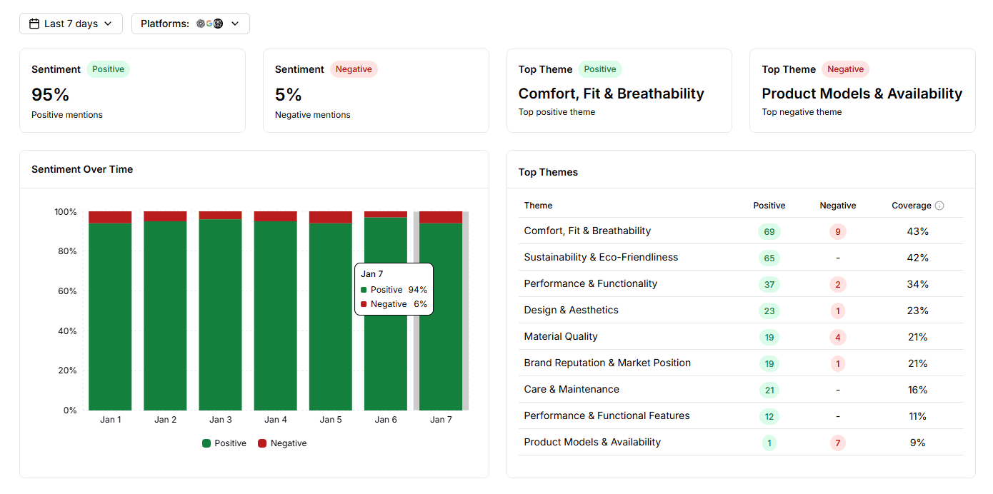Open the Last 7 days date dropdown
tap(71, 24)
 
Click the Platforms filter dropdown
tap(190, 24)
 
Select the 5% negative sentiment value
tap(289, 94)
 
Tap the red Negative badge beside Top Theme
tap(845, 69)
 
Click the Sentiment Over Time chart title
tap(82, 169)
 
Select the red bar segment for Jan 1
tap(110, 217)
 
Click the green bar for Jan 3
tap(220, 314)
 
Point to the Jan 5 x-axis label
tap(331, 420)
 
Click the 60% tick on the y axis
tap(66, 291)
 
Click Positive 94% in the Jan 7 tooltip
tap(394, 290)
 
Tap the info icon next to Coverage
tap(939, 206)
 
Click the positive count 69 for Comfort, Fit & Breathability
tap(769, 231)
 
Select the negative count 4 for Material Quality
tap(837, 337)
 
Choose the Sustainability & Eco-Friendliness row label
tap(601, 257)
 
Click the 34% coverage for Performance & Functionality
tap(918, 284)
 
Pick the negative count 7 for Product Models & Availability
tap(837, 443)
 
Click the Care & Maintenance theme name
tap(572, 389)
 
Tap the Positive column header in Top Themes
tap(769, 206)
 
